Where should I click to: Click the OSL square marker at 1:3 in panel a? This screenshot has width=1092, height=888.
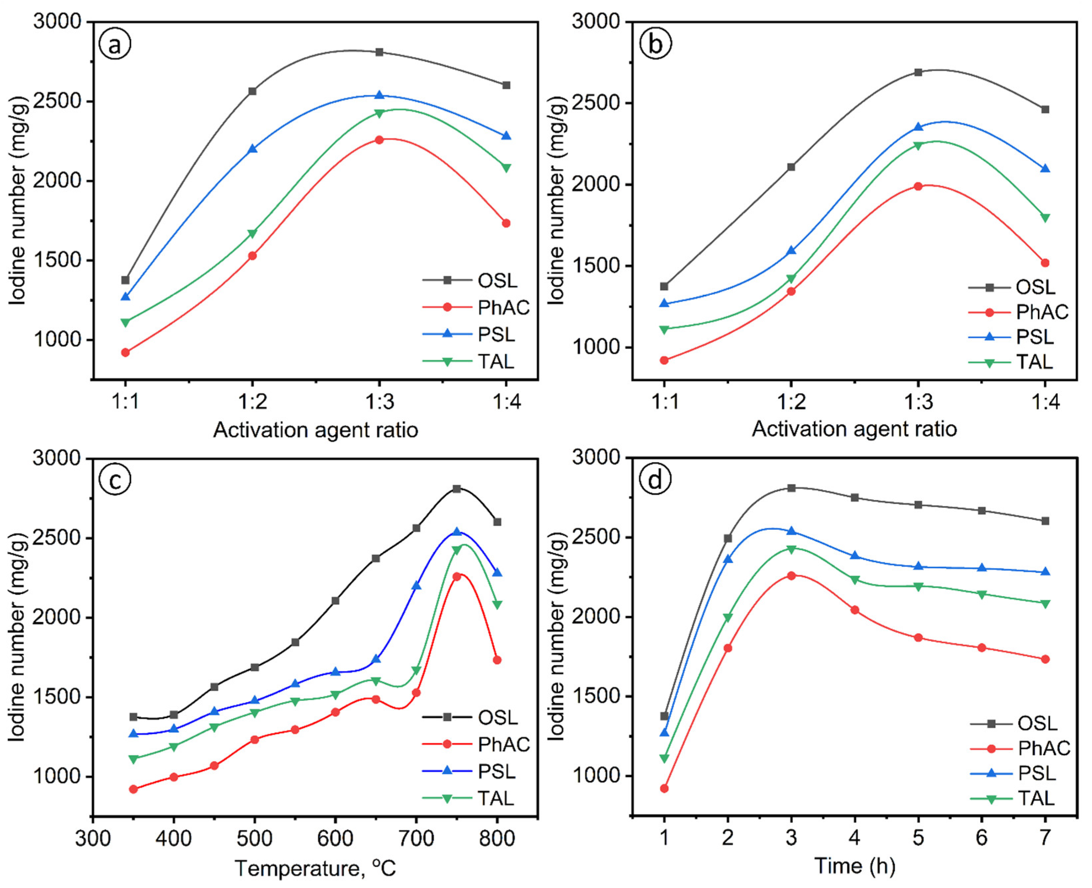379,52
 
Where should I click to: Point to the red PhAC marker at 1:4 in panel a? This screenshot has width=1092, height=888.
506,223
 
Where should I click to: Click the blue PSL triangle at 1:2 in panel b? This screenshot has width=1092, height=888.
791,250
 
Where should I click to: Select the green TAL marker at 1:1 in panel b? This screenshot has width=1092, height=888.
664,329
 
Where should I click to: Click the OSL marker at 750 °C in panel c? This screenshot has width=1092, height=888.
456,488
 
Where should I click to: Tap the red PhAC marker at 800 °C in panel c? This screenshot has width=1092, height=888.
497,660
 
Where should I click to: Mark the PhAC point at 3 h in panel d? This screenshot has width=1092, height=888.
791,576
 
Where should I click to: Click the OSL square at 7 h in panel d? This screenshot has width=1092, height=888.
1045,521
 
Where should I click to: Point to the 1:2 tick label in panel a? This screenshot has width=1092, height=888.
252,402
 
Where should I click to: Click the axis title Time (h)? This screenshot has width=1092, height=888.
855,866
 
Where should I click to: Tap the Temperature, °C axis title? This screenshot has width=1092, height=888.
315,868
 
